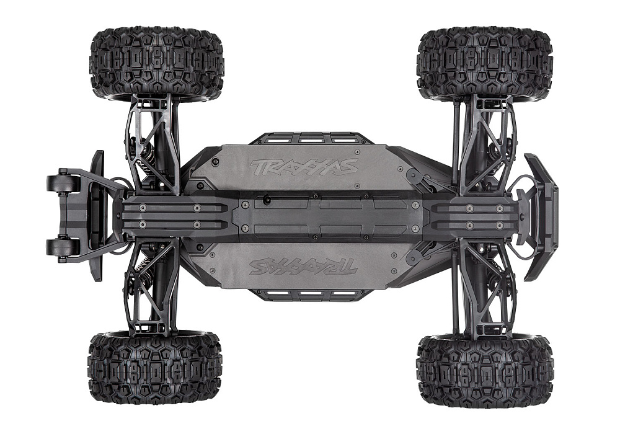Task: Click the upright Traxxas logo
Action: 303,166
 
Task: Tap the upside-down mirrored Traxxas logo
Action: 303,267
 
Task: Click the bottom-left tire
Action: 156,365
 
